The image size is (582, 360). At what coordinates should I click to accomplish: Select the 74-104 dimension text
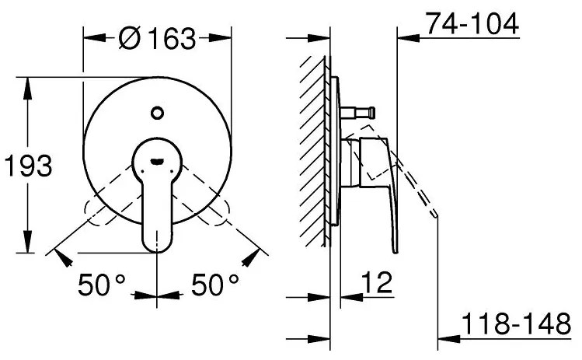471,24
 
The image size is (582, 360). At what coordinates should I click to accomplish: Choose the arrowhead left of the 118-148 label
446,338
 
